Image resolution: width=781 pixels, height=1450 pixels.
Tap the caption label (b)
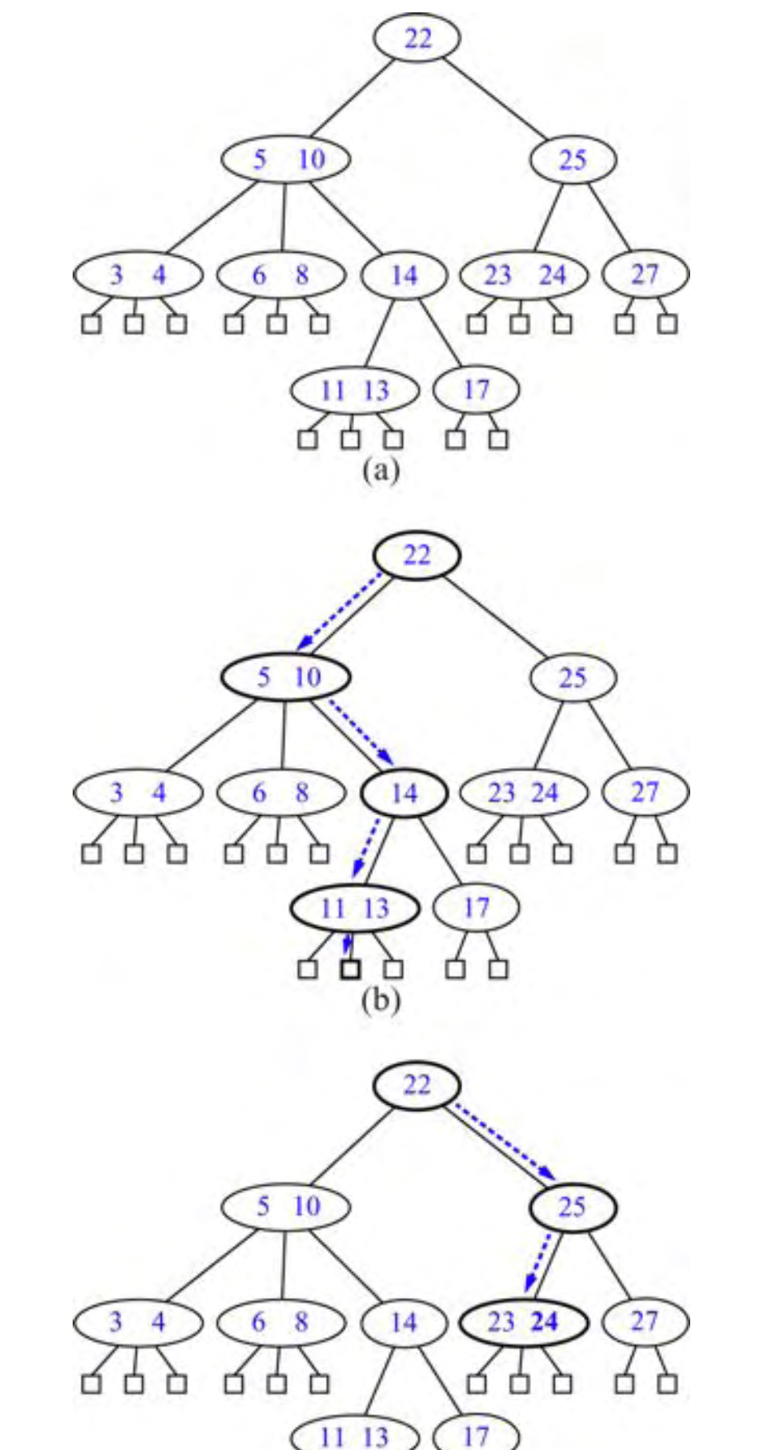(381, 1000)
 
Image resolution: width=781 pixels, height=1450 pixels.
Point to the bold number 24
(545, 1321)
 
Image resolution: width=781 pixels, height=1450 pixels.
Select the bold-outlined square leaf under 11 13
(350, 969)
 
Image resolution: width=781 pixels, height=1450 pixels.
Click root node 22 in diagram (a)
(417, 38)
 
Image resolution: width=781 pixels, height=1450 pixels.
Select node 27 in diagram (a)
(645, 273)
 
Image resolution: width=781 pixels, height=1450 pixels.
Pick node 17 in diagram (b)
(476, 907)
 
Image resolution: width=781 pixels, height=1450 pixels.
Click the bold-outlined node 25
(572, 1207)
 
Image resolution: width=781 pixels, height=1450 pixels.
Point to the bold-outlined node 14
(404, 793)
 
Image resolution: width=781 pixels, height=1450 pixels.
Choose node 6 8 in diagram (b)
(281, 793)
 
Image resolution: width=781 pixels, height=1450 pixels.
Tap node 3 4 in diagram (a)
(138, 274)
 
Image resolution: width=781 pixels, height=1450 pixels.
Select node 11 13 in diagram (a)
(354, 390)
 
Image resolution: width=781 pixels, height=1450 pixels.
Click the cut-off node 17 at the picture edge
(476, 1435)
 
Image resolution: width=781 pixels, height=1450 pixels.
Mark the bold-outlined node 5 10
(285, 677)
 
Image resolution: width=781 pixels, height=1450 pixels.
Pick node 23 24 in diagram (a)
(523, 274)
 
